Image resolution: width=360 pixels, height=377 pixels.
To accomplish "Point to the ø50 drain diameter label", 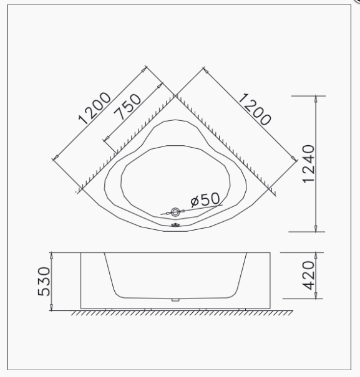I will point(205,199).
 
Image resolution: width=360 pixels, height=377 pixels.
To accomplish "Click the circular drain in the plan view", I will point(175,212).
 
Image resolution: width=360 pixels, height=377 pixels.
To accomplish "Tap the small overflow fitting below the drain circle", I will point(176,225).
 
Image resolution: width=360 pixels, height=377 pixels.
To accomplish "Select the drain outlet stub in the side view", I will point(176,300).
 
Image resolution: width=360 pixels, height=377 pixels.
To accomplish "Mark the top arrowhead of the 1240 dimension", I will point(316,98).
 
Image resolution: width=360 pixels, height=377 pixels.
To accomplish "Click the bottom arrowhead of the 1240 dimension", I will point(316,229).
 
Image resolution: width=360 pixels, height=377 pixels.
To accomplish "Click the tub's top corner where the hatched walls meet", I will point(175,95).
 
